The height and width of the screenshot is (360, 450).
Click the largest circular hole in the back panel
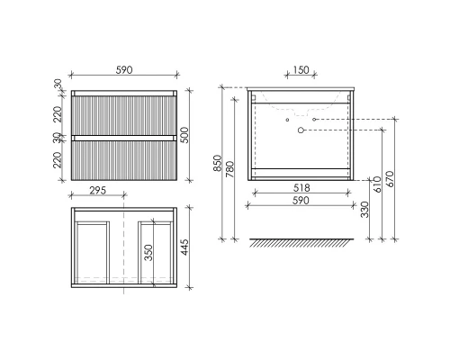click(x=301, y=130)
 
